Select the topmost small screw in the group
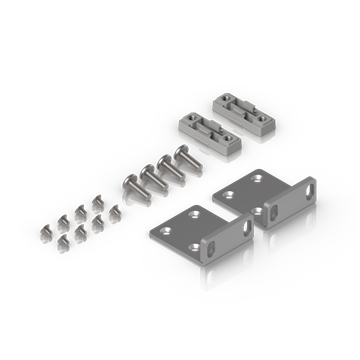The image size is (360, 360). click(x=97, y=201)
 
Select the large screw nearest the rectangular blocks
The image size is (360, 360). click(x=184, y=157)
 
